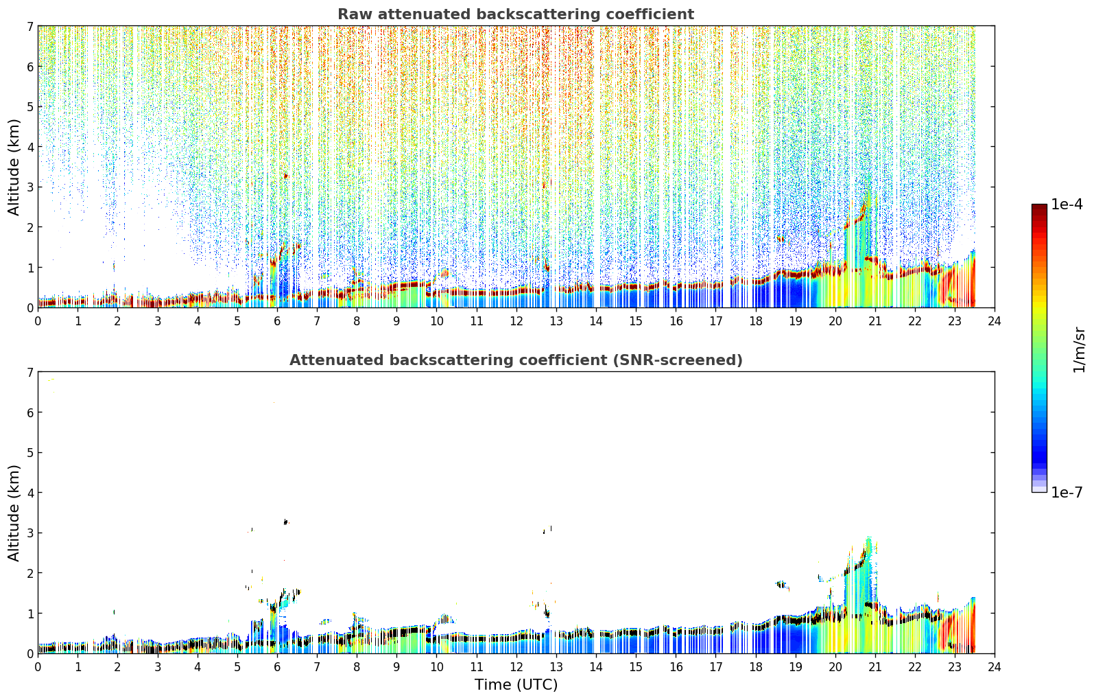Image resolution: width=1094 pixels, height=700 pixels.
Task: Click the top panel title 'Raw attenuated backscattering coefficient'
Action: coord(516,14)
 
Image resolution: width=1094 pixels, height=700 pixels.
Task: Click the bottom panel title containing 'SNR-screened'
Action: coord(516,360)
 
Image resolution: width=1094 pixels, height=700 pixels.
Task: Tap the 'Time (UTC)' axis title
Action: coord(516,684)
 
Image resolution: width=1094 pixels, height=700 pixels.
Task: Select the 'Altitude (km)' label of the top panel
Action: coord(14,167)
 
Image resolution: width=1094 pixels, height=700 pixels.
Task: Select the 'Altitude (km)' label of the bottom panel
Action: coord(14,513)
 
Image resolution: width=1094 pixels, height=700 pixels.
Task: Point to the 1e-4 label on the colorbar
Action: coord(1067,205)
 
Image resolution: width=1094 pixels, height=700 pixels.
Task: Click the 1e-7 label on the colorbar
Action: coord(1067,492)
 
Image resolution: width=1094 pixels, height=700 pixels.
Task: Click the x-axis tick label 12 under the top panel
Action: coord(516,321)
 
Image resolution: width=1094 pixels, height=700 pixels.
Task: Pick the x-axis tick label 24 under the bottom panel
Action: coord(995,667)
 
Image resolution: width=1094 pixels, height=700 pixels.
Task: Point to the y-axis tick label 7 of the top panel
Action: coord(30,26)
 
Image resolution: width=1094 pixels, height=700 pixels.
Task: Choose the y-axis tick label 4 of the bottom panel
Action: coord(30,493)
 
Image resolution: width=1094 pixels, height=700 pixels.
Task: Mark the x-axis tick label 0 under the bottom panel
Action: coord(38,667)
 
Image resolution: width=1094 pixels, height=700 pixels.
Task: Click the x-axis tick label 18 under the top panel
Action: coord(756,321)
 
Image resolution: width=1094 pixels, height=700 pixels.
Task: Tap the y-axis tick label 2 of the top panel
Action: coord(30,227)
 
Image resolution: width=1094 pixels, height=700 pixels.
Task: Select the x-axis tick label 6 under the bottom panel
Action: coord(277,667)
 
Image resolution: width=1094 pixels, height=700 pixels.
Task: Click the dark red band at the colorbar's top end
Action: coord(1039,207)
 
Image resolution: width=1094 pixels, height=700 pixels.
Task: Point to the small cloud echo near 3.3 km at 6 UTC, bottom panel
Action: coord(286,522)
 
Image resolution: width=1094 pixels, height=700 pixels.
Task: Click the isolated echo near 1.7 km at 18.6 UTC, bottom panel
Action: coord(782,585)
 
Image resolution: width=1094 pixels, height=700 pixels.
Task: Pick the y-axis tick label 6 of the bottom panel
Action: coord(30,412)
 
